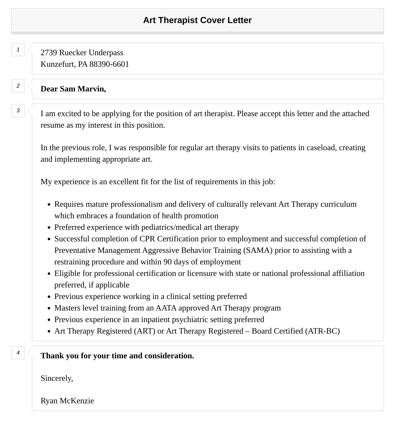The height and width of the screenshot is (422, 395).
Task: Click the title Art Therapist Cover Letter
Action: [197, 20]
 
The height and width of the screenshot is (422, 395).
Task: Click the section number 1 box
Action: [18, 50]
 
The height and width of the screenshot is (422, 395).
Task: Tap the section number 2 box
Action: [18, 86]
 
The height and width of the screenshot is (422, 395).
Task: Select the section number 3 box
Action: [18, 111]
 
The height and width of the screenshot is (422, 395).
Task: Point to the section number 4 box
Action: [18, 353]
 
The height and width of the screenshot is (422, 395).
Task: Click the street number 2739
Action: [49, 53]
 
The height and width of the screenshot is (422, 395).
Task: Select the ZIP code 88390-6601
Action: [109, 64]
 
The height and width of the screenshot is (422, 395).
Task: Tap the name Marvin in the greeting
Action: [92, 89]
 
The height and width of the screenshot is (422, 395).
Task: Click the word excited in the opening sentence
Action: [69, 114]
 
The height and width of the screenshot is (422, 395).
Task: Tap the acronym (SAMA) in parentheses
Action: [258, 250]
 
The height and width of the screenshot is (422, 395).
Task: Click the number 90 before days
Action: [168, 262]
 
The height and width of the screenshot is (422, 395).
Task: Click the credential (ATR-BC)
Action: [322, 331]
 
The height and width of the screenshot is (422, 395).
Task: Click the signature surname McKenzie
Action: [77, 401]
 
